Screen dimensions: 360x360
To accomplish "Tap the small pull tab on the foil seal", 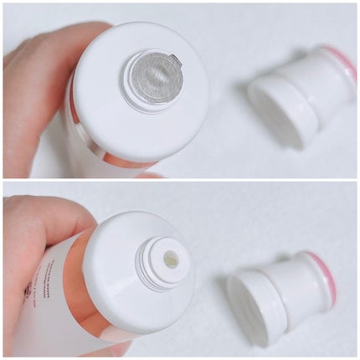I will pyautogui.click(x=175, y=59).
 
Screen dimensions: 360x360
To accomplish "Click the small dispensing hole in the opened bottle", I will pyautogui.click(x=171, y=261).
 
